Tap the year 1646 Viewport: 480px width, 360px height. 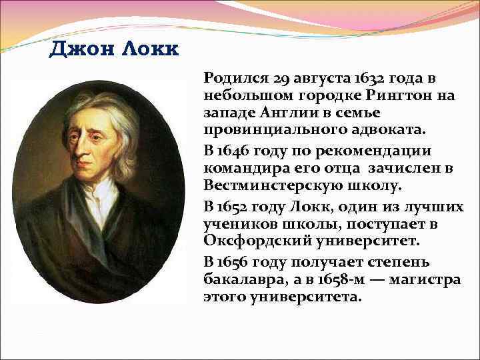point(237,151)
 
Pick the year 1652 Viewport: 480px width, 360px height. point(237,207)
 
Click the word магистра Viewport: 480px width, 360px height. point(428,279)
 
